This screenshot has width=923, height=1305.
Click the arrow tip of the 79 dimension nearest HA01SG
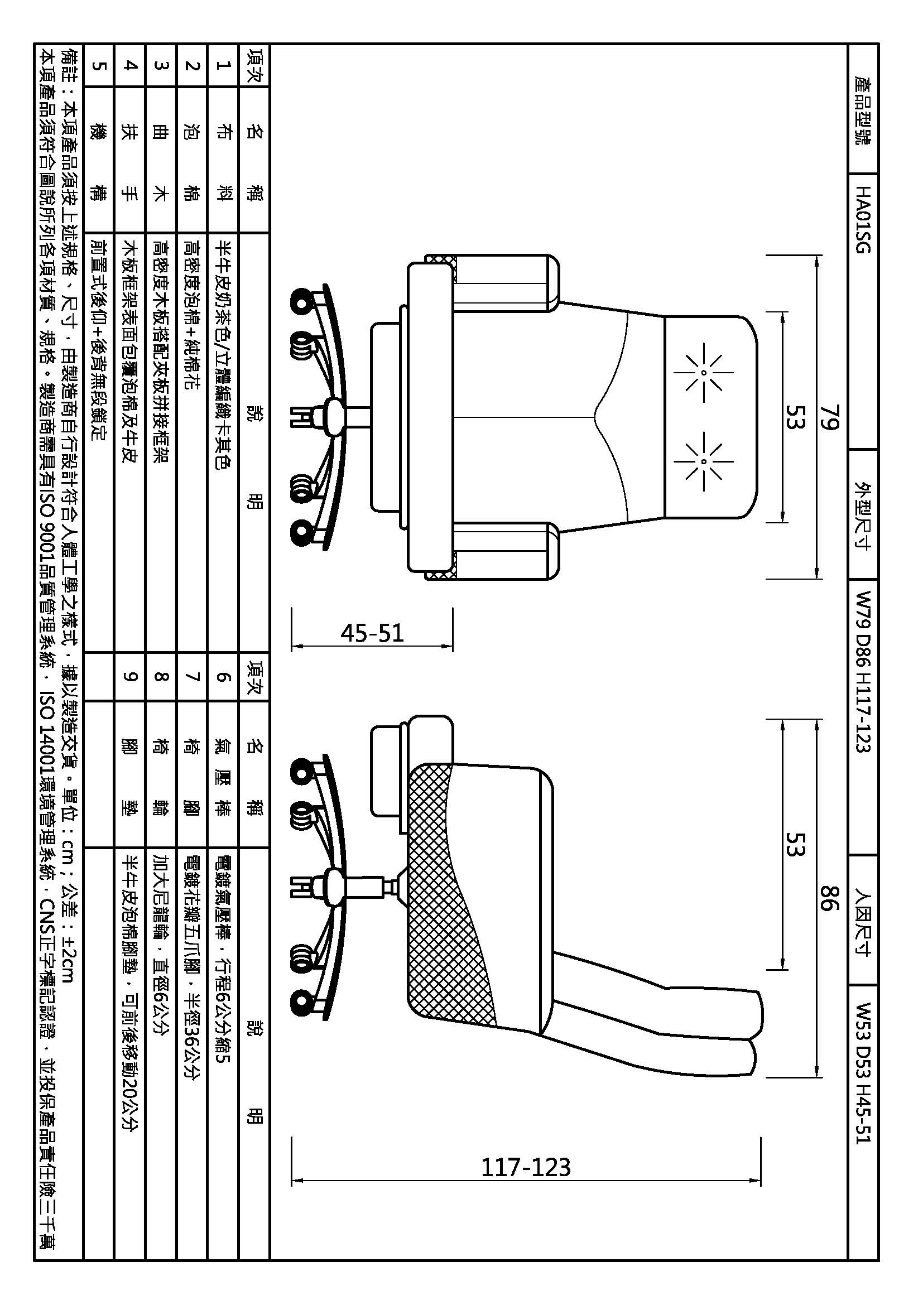(x=817, y=256)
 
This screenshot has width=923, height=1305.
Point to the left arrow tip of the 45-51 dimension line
(x=292, y=646)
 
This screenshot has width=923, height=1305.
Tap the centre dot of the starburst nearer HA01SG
(x=704, y=373)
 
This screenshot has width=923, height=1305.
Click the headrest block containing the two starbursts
(x=710, y=417)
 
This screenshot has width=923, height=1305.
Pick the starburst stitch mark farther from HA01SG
(x=704, y=461)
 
